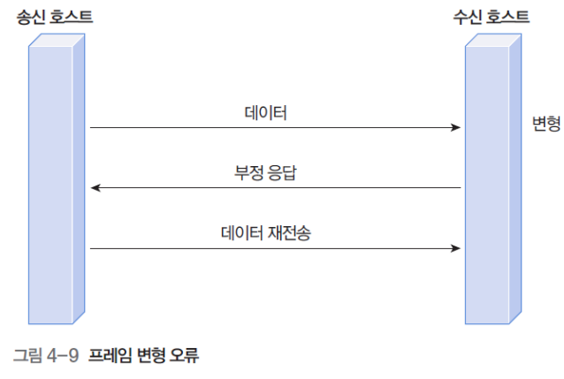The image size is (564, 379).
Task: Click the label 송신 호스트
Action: pyautogui.click(x=55, y=17)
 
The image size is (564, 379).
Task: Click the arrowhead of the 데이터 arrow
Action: pyautogui.click(x=456, y=128)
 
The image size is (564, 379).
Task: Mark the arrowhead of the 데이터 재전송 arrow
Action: pyautogui.click(x=456, y=249)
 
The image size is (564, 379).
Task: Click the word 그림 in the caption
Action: pyautogui.click(x=27, y=356)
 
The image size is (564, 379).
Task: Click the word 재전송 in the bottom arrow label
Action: pyautogui.click(x=293, y=232)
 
